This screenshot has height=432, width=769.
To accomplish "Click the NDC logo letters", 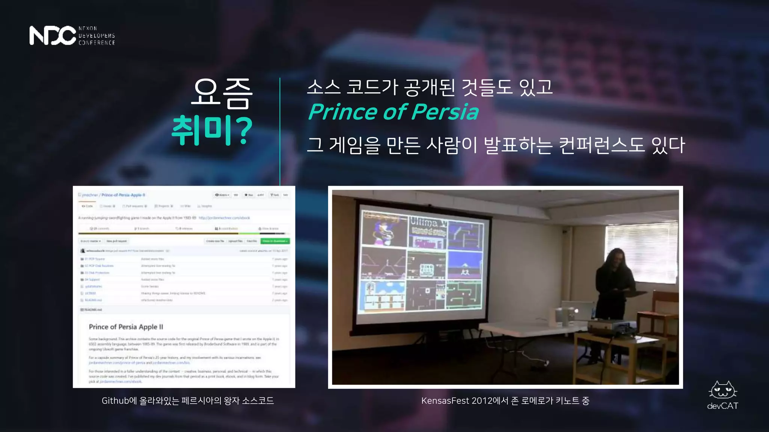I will point(53,36).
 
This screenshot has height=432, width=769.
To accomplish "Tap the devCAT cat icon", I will point(723,391).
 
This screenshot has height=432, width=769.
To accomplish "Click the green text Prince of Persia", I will point(393,112).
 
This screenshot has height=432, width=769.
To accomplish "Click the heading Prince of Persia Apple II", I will point(126,327).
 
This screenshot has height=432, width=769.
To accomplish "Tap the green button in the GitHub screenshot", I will point(276,241).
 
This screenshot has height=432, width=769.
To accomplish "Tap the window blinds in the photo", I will point(642,244).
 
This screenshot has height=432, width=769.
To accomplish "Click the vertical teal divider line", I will point(280,131).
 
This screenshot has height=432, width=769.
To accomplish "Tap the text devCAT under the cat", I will point(722,406).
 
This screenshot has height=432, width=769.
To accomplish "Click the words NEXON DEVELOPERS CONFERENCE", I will point(97,36).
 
